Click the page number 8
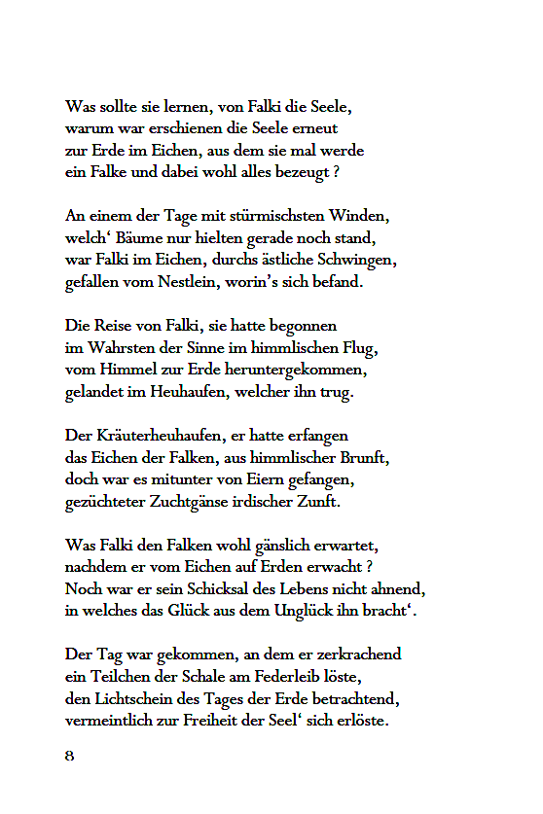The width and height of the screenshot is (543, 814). tap(70, 756)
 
